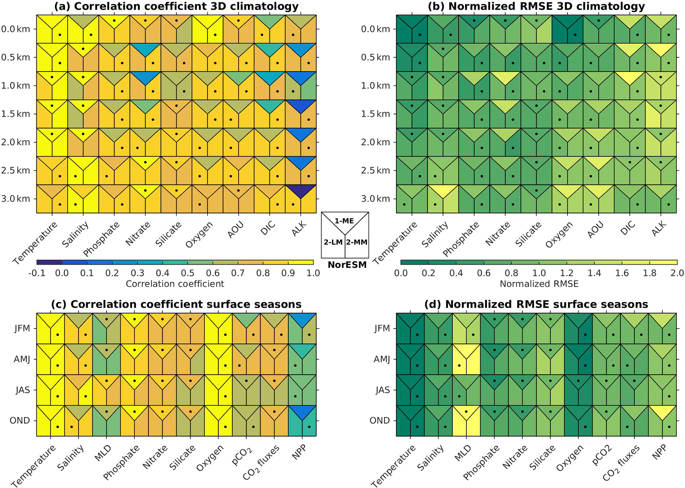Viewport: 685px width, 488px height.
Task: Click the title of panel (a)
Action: (176, 6)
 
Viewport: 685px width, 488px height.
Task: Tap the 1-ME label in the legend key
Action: (344, 221)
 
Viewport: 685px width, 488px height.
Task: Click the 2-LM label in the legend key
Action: (333, 242)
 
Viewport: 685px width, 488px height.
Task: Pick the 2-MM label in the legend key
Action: (357, 242)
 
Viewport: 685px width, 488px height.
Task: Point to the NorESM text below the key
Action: (347, 265)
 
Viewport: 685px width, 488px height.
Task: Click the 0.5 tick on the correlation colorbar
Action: (188, 273)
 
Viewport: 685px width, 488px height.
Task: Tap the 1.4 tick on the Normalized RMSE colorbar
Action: (595, 273)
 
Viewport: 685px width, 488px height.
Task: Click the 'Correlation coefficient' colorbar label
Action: (175, 284)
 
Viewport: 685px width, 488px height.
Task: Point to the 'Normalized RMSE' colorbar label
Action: (539, 284)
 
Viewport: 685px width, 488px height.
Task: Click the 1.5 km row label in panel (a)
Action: (15, 114)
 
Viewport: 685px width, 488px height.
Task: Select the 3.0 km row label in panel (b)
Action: (375, 199)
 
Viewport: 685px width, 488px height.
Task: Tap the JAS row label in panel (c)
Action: (23, 390)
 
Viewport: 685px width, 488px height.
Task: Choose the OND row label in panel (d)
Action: (379, 420)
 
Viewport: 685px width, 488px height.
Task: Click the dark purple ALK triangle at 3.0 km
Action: (301, 190)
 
